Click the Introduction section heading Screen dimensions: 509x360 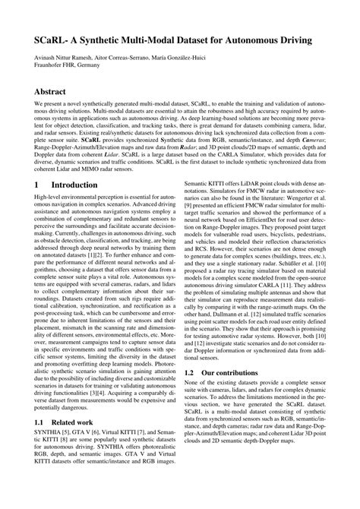(x=69, y=206)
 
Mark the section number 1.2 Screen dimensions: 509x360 (x=191, y=374)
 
